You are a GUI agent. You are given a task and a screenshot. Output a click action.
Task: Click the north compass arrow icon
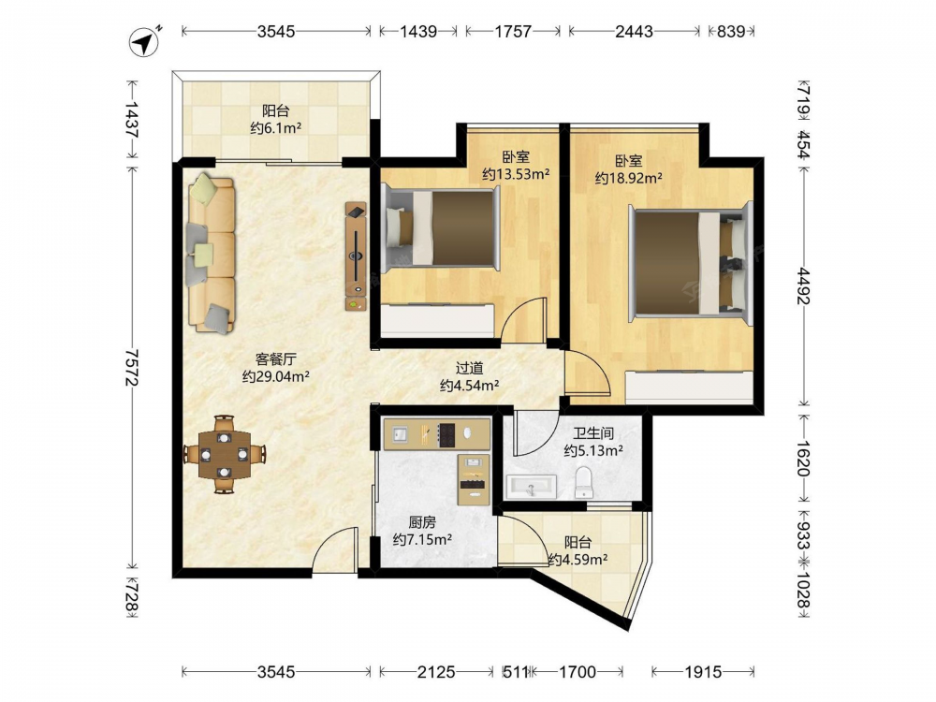[144, 41]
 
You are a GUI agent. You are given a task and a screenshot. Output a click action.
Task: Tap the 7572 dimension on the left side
[133, 368]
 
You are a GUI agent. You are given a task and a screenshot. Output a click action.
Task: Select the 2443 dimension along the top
[634, 31]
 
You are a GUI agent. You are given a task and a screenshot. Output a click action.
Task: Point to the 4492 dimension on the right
[803, 285]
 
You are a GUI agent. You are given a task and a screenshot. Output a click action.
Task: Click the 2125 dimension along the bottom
[436, 672]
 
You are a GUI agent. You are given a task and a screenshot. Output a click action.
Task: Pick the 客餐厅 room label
[276, 359]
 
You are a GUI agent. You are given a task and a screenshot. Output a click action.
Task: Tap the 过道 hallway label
[469, 369]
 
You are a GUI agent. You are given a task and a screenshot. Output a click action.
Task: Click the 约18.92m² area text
[629, 178]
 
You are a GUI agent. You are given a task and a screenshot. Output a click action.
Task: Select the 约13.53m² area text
[516, 174]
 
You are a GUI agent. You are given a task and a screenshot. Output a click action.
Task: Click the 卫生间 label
[593, 433]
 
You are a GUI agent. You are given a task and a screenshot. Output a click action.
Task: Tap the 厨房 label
[422, 523]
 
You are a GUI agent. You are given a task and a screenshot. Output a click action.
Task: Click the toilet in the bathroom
[583, 482]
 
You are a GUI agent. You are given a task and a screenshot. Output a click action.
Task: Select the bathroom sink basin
[532, 487]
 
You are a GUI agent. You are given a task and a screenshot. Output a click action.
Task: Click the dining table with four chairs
[224, 454]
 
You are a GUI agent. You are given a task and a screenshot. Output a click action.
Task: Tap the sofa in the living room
[212, 253]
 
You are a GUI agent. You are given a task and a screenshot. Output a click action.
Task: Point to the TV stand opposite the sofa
[356, 256]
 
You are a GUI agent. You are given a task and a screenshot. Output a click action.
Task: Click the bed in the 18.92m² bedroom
[691, 264]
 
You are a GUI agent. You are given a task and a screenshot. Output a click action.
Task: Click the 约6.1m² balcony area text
[275, 127]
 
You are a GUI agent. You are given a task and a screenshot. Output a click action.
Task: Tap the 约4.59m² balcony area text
[578, 560]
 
